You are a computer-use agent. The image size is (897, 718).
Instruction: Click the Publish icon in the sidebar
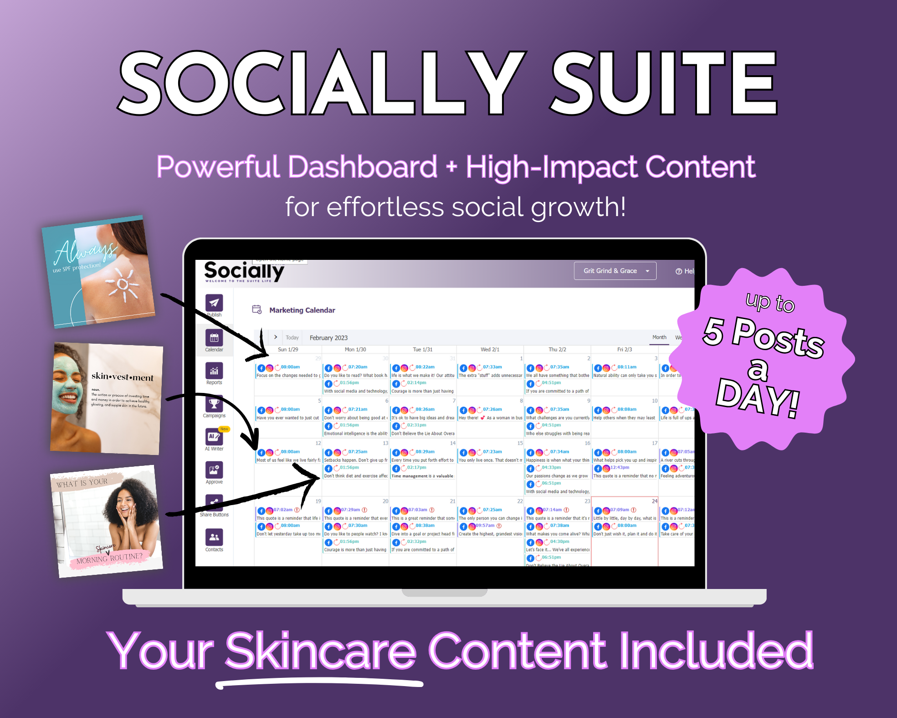pyautogui.click(x=214, y=303)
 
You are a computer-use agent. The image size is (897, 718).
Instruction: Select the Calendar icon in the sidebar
pyautogui.click(x=214, y=338)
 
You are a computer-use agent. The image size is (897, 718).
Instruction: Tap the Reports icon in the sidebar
pyautogui.click(x=214, y=371)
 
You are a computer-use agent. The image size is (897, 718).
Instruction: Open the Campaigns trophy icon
pyautogui.click(x=214, y=404)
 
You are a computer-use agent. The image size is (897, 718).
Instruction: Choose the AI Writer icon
pyautogui.click(x=214, y=437)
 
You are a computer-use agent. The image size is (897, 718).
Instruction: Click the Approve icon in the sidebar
pyautogui.click(x=214, y=470)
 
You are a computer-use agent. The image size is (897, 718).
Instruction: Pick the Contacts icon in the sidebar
pyautogui.click(x=214, y=537)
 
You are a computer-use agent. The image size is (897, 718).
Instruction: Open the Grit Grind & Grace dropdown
pyautogui.click(x=615, y=271)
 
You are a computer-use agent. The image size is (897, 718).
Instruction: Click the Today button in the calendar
pyautogui.click(x=292, y=338)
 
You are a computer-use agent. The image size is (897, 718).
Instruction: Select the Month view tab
pyautogui.click(x=659, y=337)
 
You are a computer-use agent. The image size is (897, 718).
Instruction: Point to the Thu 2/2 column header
pyautogui.click(x=557, y=350)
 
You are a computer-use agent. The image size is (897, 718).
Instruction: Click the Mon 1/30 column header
pyautogui.click(x=355, y=350)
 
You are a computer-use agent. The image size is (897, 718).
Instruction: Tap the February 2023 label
pyautogui.click(x=328, y=338)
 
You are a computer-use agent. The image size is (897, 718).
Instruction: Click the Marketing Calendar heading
pyautogui.click(x=302, y=310)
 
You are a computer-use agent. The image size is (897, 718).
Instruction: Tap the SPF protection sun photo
pyautogui.click(x=98, y=272)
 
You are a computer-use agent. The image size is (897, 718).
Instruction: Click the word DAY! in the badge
pyautogui.click(x=758, y=396)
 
